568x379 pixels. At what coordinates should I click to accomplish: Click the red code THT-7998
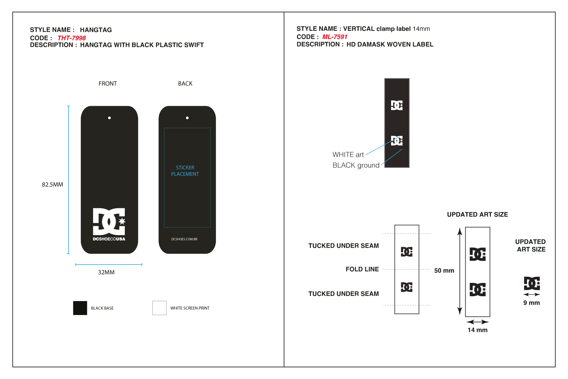pos(71,38)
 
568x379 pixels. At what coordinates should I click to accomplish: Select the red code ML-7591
pos(335,37)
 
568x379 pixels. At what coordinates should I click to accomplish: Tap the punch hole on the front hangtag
pos(109,118)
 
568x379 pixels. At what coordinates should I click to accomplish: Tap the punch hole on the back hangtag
pos(187,118)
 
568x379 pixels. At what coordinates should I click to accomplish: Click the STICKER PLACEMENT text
pos(185,171)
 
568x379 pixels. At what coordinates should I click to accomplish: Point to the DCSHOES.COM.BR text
pos(184,239)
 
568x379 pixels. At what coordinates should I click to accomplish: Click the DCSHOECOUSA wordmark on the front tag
pos(109,239)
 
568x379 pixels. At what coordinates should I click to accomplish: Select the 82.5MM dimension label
pos(52,184)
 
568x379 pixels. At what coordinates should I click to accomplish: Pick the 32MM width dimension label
pos(106,272)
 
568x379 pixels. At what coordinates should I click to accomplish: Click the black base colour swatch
pos(80,308)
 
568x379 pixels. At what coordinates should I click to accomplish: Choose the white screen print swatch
pos(159,308)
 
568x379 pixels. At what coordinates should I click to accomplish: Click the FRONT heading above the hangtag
pos(108,83)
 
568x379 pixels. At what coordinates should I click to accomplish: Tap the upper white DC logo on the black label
pos(397,105)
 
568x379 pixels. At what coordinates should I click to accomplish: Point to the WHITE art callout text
pos(348,155)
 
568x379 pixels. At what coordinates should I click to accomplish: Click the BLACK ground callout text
pos(356,165)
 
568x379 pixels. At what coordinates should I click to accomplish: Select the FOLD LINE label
pos(362,269)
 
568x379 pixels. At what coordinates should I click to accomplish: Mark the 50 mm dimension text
pos(444,270)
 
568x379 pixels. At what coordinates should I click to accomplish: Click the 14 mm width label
pos(477,330)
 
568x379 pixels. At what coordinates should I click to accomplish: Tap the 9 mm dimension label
pos(532,303)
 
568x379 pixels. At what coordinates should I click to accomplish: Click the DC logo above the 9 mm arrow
pos(532,283)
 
